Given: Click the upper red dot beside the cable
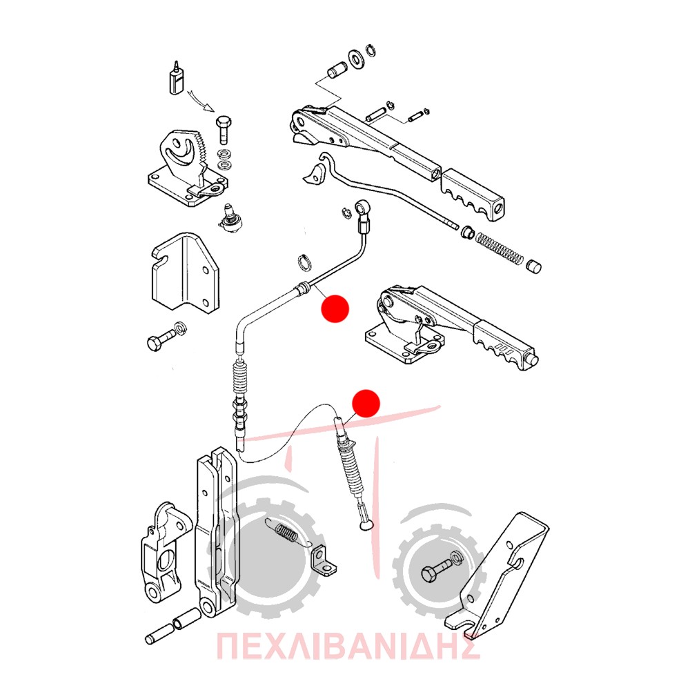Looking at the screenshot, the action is [x=335, y=308].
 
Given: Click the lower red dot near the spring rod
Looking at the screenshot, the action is [x=366, y=403].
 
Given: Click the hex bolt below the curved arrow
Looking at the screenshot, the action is [x=224, y=130].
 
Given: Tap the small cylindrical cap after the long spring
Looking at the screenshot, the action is [x=534, y=266].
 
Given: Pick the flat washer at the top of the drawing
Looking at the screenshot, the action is [x=355, y=59].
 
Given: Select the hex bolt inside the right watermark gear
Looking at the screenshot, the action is [x=435, y=571].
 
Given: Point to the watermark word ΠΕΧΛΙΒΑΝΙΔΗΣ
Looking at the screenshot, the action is [x=348, y=646].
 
